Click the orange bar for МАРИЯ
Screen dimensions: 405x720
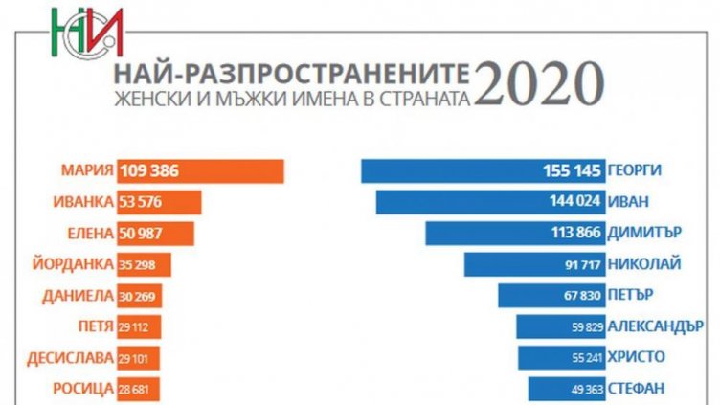tap(200, 171)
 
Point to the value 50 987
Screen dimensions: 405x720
tap(144, 234)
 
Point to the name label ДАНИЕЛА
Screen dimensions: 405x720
tap(78, 295)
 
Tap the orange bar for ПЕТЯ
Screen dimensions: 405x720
tap(139, 326)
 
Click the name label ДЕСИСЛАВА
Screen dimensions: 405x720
tap(72, 357)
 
